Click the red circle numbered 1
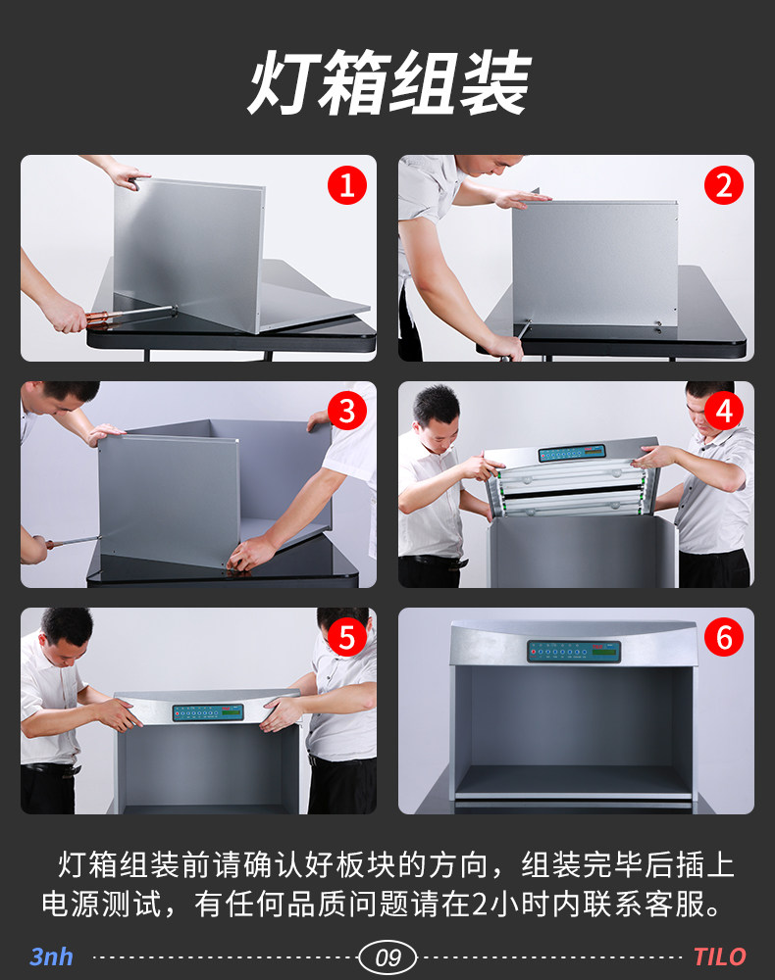point(347,185)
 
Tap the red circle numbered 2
point(724,185)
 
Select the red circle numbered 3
point(347,412)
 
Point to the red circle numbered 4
point(724,412)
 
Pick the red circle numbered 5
point(347,638)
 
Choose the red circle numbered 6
point(724,638)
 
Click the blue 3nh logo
point(51,956)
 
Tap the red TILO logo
point(719,956)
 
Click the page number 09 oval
point(387,957)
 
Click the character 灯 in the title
point(282,82)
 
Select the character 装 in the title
point(494,82)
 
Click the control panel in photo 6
point(574,652)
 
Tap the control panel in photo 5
point(208,712)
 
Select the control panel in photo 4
point(572,453)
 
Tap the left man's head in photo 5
point(67,636)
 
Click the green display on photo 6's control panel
point(606,652)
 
